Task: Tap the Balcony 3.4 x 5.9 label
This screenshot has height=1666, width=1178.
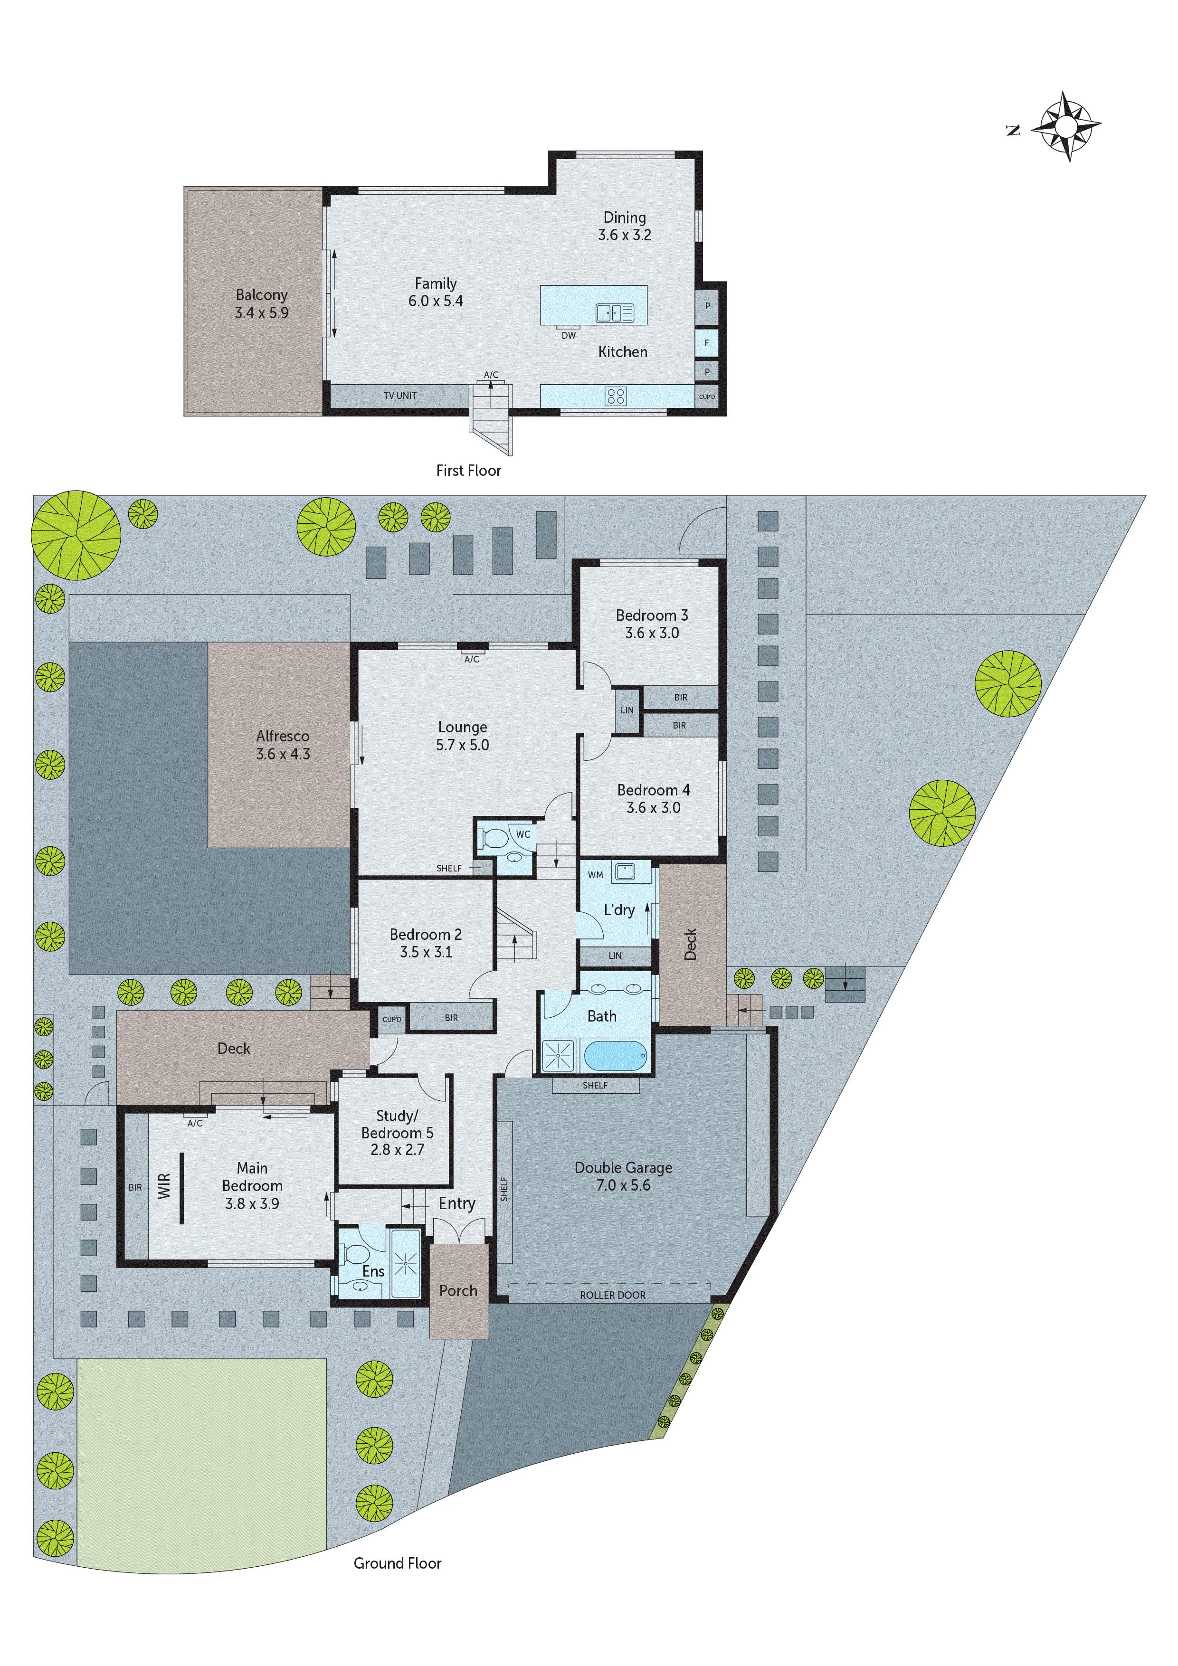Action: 261,303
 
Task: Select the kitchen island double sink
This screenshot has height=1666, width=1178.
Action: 614,313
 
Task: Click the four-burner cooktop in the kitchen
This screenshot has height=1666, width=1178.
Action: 616,396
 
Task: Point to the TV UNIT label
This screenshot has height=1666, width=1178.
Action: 400,396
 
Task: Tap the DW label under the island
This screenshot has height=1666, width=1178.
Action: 568,335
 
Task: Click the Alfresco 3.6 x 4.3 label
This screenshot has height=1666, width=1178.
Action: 282,745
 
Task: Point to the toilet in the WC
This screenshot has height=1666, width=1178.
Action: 494,839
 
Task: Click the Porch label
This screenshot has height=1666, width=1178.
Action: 458,1290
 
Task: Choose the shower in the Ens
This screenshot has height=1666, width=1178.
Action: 405,1265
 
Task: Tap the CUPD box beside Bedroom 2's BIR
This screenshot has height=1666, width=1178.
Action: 391,1019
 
